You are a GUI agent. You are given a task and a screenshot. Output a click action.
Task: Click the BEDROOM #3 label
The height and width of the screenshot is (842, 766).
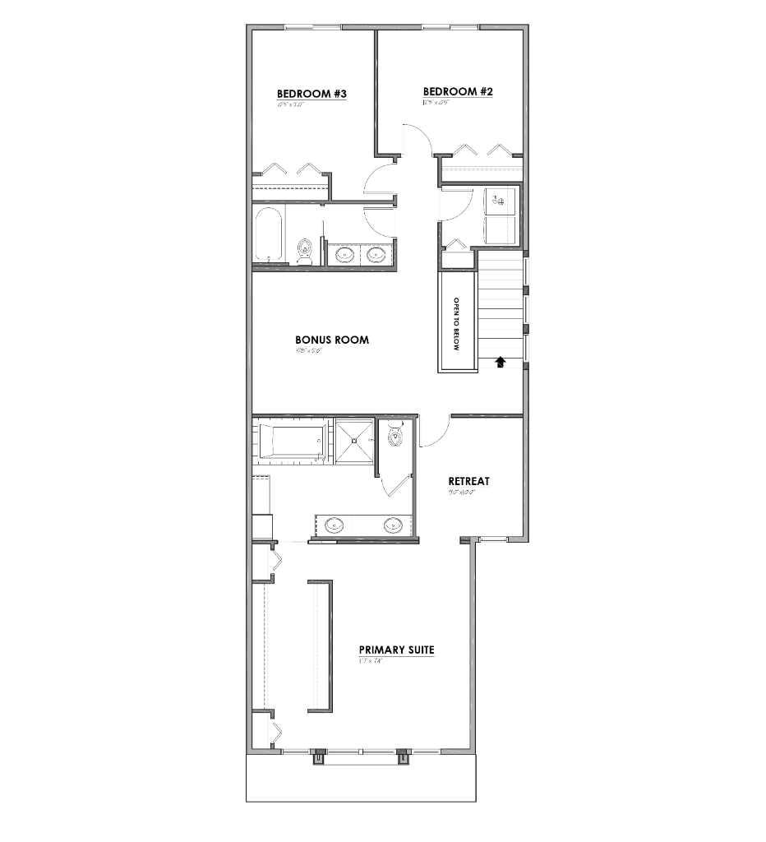(x=311, y=95)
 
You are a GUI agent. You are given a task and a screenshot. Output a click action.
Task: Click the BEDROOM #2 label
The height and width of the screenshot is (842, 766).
(x=457, y=92)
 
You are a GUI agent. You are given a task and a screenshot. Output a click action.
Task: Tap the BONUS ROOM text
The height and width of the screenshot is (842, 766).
(x=331, y=340)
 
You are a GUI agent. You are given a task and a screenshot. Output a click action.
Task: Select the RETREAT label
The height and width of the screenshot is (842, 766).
(x=468, y=481)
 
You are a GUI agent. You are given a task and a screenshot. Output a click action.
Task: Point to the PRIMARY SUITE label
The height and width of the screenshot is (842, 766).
(x=396, y=650)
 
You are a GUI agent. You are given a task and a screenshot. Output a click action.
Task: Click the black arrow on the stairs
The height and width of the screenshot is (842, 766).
(x=500, y=360)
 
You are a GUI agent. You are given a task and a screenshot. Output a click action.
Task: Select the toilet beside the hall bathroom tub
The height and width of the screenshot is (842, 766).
(x=305, y=248)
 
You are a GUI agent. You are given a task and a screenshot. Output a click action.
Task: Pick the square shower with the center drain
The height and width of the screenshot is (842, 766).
(x=354, y=442)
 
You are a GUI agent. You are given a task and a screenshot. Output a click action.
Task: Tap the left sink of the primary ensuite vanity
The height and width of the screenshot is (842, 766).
(x=335, y=525)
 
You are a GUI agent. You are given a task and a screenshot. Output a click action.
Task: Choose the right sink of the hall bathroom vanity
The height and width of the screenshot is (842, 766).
(x=376, y=254)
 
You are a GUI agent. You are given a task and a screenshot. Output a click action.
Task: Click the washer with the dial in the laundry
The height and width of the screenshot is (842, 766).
(x=501, y=199)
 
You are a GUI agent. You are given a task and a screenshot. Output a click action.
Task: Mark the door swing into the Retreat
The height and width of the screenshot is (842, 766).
(x=433, y=433)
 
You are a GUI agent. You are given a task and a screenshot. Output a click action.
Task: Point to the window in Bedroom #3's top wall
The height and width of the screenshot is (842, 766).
(x=313, y=28)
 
